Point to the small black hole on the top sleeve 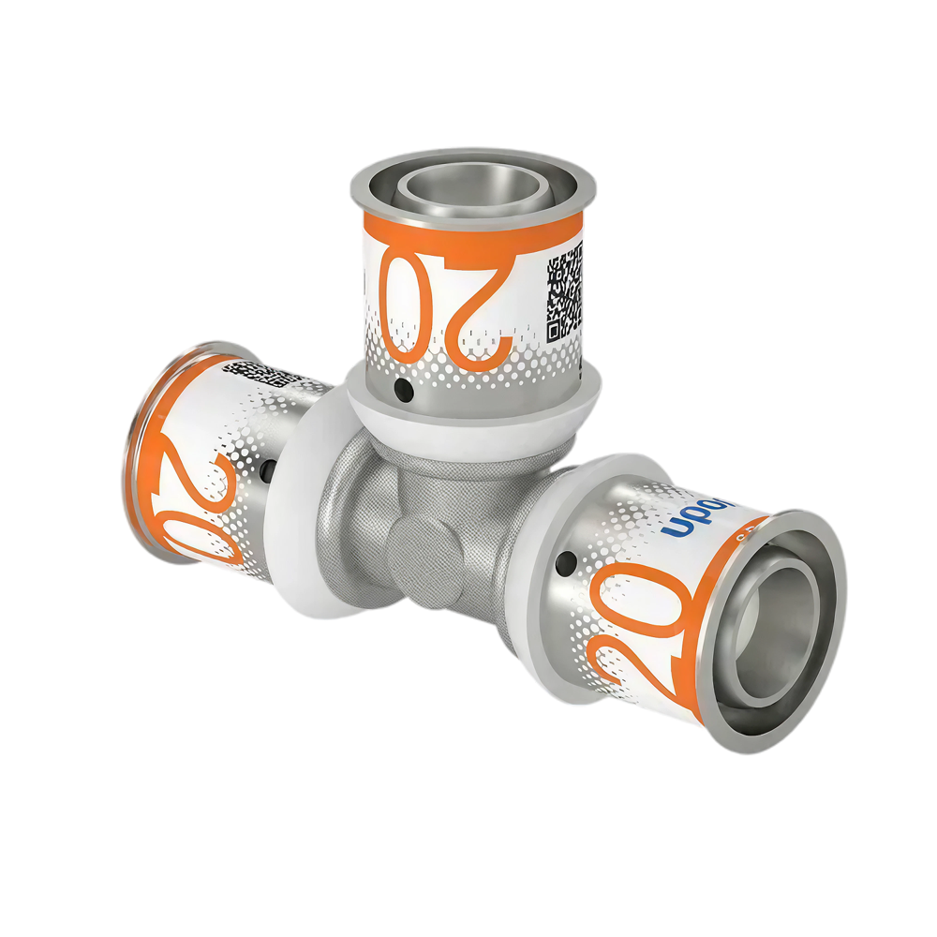pyautogui.click(x=403, y=387)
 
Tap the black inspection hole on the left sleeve pyautogui.click(x=268, y=466)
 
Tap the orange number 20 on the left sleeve pyautogui.click(x=201, y=492)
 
